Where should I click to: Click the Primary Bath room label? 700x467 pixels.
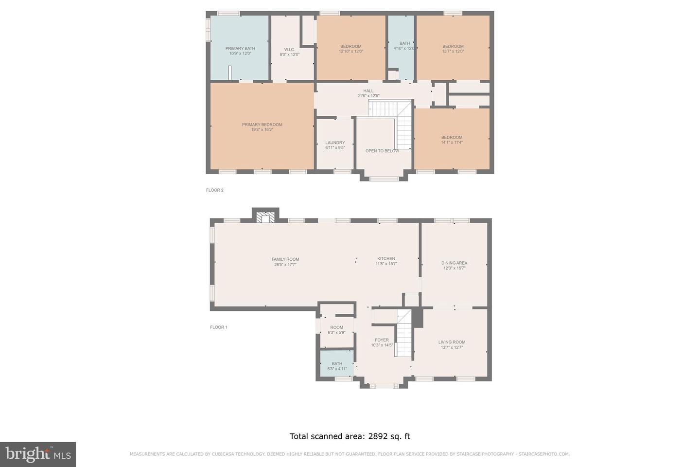240,49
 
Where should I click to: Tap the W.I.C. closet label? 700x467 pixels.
289,50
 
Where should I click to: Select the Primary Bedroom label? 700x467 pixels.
262,125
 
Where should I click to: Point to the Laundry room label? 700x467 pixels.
335,143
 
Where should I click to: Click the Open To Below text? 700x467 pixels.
382,151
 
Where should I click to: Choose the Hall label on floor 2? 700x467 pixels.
368,91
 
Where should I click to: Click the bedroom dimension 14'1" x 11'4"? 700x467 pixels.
452,143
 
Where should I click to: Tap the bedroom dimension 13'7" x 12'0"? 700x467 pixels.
453,52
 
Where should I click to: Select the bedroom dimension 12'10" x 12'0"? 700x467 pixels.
350,52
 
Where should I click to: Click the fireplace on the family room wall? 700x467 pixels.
265,216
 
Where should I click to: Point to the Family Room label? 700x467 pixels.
285,259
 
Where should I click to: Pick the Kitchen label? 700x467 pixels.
386,259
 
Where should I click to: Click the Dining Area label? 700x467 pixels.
454,263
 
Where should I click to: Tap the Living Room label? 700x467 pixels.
452,342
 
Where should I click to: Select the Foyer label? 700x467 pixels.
382,340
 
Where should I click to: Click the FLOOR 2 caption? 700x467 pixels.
214,190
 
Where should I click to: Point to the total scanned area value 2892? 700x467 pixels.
378,436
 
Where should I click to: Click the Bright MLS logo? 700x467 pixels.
37,454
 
